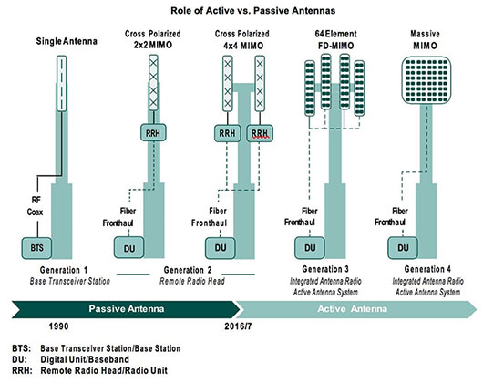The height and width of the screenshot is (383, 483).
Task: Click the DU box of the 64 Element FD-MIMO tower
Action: pos(311,245)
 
